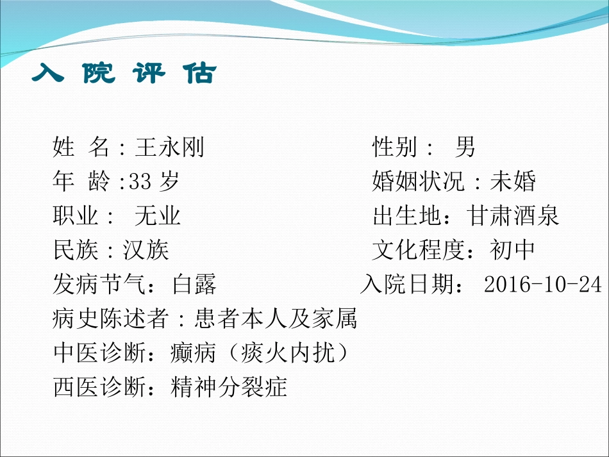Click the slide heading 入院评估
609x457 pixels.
tap(124, 74)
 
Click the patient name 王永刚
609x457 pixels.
tap(170, 147)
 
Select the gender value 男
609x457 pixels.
tap(465, 147)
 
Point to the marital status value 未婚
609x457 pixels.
tap(513, 182)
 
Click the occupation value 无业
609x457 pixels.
tap(158, 216)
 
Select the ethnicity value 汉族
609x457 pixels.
tap(146, 250)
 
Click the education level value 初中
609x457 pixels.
tap(512, 250)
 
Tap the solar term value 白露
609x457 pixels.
tap(194, 284)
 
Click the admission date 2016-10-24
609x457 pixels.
tap(543, 284)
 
